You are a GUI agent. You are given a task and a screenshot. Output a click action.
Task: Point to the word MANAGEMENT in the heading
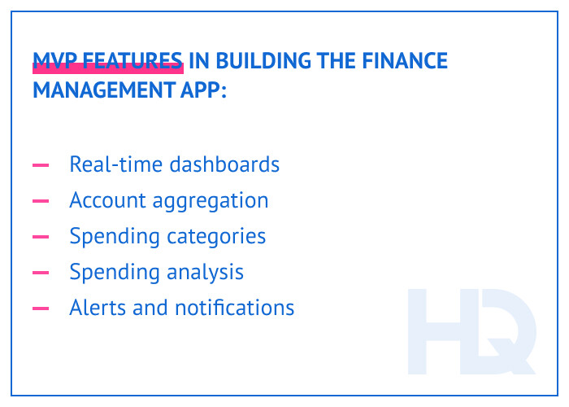point(102,89)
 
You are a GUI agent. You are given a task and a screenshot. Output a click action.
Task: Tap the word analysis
point(204,273)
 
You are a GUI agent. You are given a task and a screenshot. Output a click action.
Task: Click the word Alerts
point(94,308)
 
